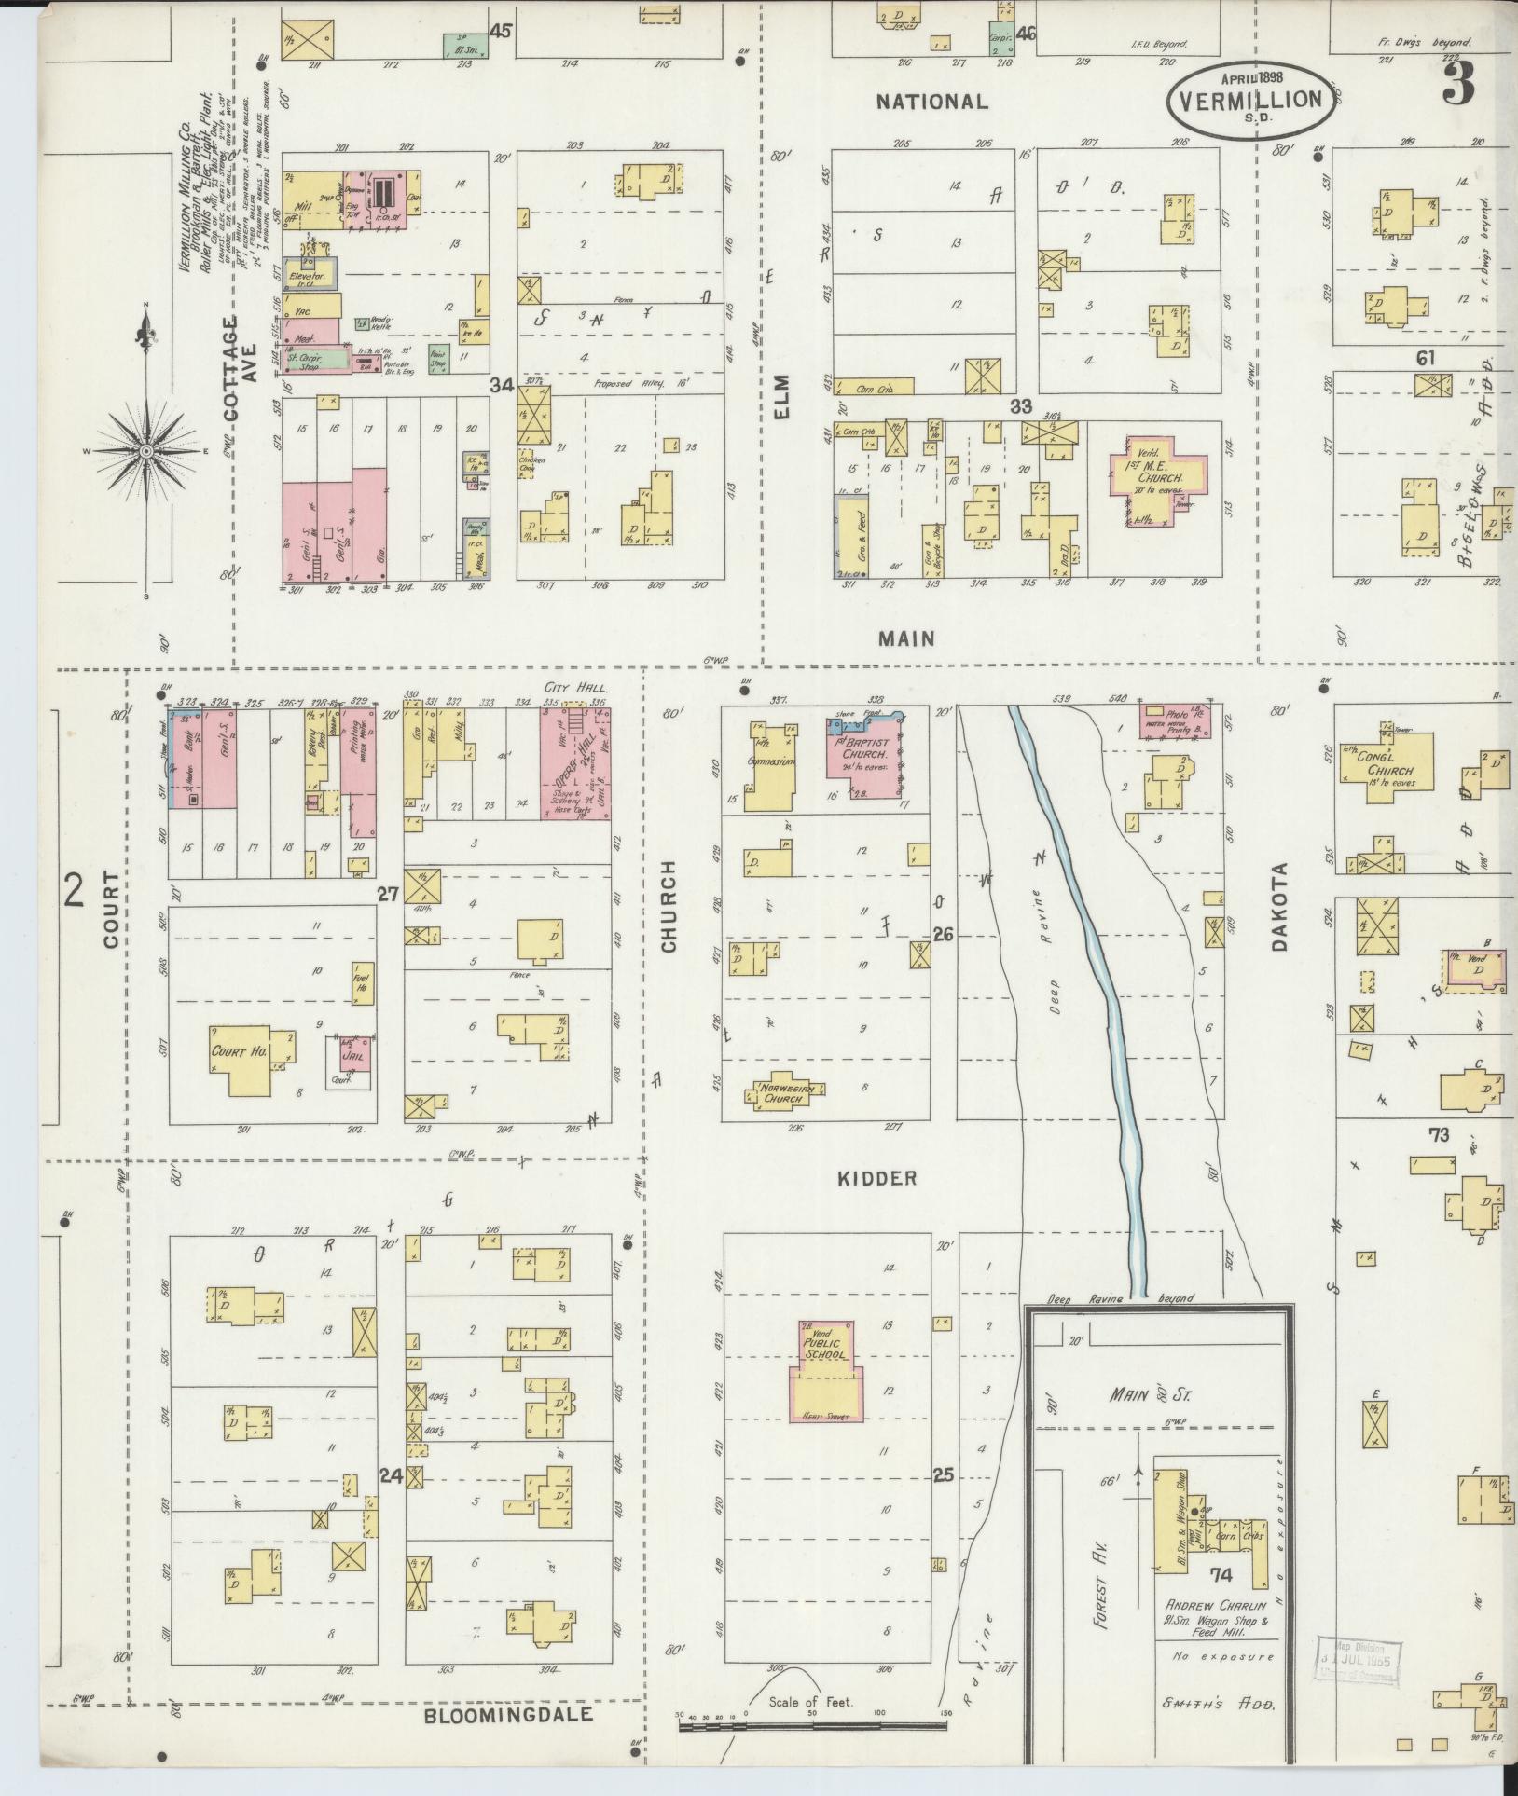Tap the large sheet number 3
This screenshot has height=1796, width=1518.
(x=1459, y=86)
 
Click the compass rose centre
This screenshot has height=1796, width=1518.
(x=145, y=451)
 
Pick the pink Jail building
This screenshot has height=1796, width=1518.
(x=358, y=1051)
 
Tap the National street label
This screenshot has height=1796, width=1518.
(x=931, y=102)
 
